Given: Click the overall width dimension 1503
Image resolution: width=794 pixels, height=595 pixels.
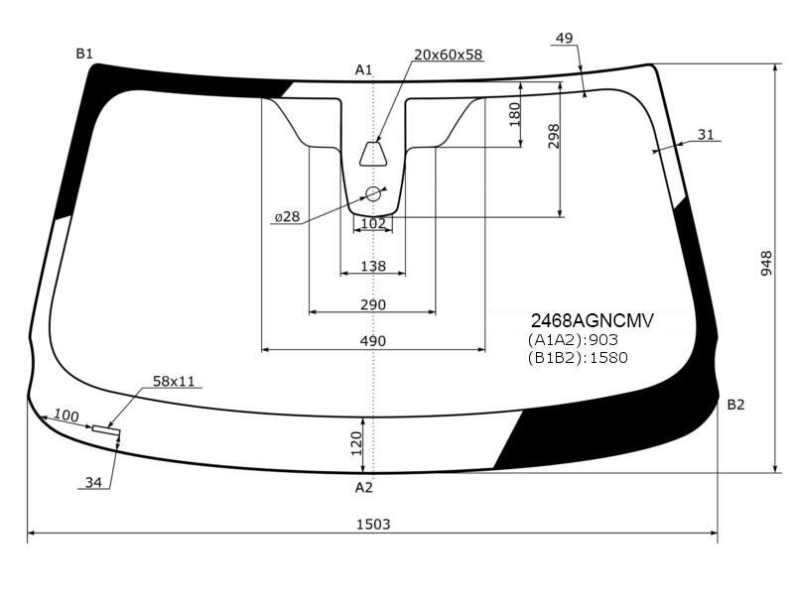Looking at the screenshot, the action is tap(373, 525).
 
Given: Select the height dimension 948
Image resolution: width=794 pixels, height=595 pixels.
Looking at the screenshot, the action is tap(766, 263).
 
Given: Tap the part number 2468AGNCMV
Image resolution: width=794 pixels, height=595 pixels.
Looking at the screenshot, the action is tap(592, 320).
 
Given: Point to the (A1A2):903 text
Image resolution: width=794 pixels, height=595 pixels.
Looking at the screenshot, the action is tap(573, 339).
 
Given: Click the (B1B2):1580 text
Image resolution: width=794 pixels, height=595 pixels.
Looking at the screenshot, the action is tap(578, 358).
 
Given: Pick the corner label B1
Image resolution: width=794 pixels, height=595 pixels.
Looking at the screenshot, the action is tap(84, 54).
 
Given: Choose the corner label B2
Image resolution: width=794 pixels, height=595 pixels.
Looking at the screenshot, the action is tap(735, 405).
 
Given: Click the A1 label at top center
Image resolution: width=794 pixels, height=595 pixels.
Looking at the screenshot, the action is tap(363, 69).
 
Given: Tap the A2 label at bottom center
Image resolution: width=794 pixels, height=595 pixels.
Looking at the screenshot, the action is tap(363, 487).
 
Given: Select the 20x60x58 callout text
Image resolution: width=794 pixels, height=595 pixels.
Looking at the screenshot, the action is tap(449, 55).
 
